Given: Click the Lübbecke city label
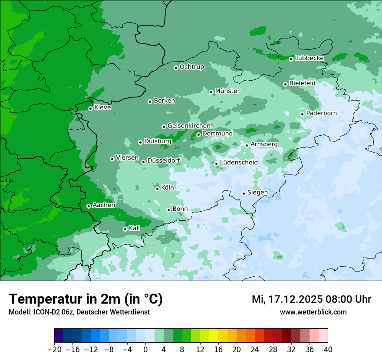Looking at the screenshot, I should point(309,58).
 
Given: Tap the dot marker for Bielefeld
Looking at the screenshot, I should point(285,84).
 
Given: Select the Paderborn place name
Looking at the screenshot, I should point(321,113).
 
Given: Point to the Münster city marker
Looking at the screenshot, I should point(211,92).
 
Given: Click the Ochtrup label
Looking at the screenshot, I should point(191,67).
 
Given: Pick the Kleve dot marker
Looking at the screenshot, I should point(90,108).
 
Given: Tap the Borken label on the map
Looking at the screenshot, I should point(164,101).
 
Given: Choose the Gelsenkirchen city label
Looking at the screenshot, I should point(189,126).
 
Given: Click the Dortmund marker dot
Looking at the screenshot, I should point(198,134).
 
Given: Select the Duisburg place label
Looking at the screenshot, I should point(158,141).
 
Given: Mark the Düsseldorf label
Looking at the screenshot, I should point(164,161).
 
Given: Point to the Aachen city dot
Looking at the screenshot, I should point(89,206).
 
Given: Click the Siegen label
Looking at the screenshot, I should point(257,193).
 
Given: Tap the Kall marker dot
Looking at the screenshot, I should point(125,229).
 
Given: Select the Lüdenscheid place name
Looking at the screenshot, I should point(239,163).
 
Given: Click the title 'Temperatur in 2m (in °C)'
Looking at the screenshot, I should point(86,299).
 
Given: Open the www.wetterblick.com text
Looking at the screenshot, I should point(313,312).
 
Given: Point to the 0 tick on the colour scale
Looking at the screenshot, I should point(145,350).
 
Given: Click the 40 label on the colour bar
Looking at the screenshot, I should point(328,350).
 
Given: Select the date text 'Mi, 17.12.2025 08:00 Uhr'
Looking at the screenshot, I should point(311,299).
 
